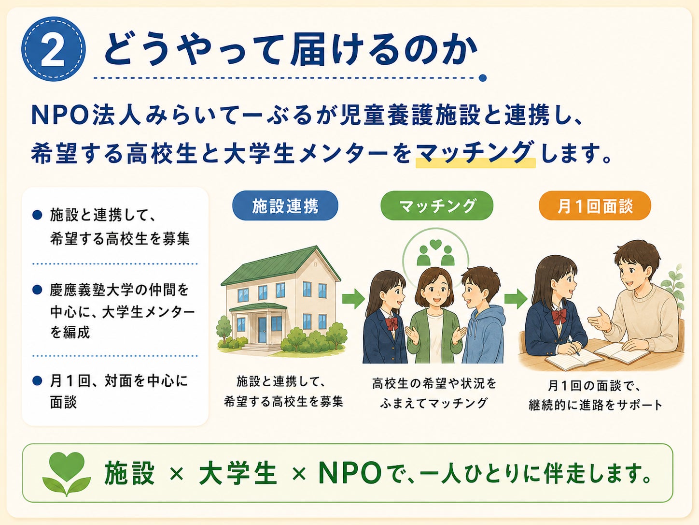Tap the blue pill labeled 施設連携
tap(285, 205)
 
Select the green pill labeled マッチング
tap(436, 205)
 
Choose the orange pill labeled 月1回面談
tap(595, 205)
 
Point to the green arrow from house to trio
tap(353, 299)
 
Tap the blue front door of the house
tap(262, 330)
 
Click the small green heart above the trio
tap(435, 245)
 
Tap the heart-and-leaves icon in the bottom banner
tap(67, 474)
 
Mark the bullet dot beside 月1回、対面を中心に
tap(37, 380)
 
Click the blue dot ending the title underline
tap(483, 78)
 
